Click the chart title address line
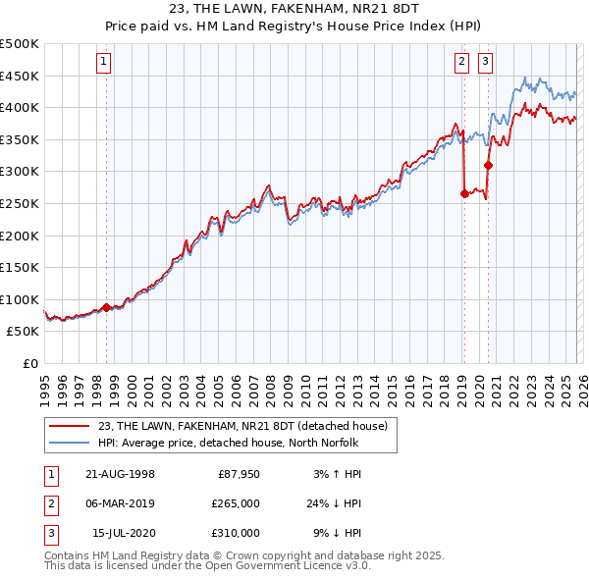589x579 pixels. click(294, 11)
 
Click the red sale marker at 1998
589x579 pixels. click(106, 307)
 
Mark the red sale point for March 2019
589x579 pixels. click(464, 194)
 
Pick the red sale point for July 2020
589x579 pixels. click(488, 165)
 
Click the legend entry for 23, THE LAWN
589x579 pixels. click(236, 426)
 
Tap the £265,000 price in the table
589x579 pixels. click(235, 503)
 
